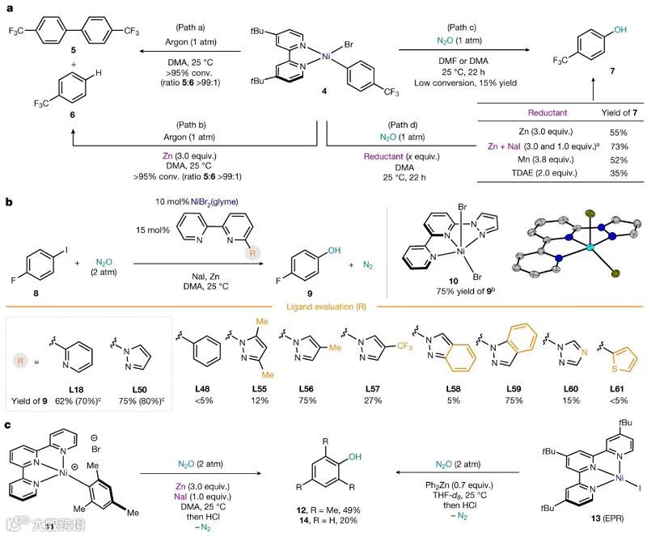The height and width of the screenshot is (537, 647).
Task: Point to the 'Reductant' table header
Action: click(547, 112)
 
